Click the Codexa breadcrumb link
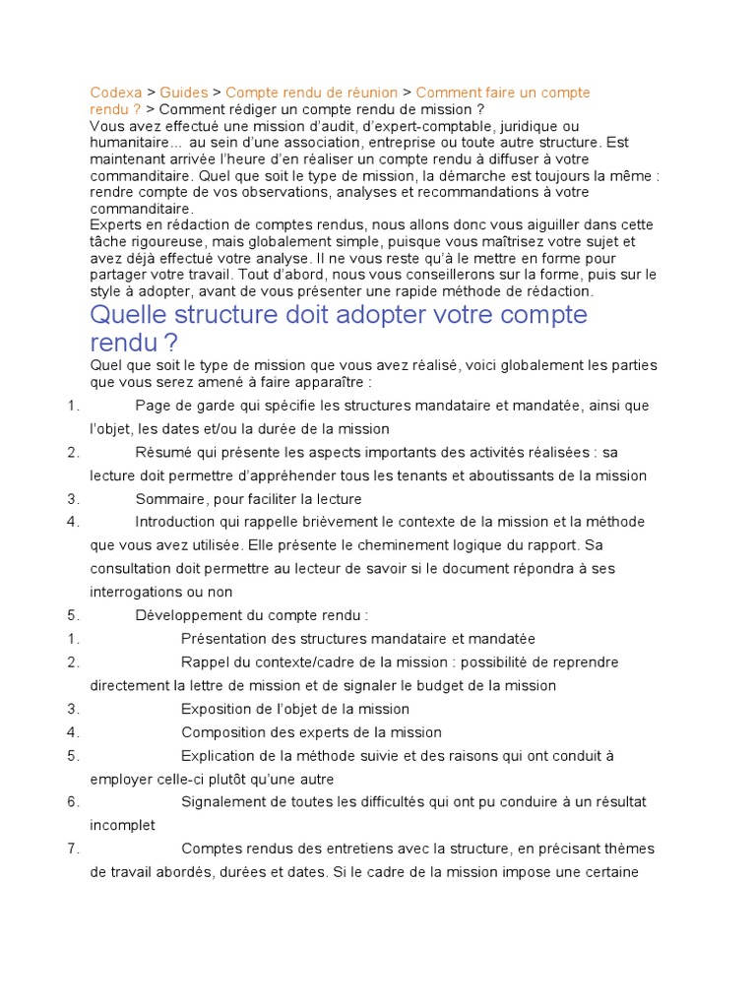click(116, 93)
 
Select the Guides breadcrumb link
click(184, 93)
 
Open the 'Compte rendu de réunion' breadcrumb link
click(312, 93)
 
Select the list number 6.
click(73, 801)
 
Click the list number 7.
click(73, 849)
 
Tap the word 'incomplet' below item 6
click(122, 825)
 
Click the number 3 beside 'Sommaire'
click(73, 499)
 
